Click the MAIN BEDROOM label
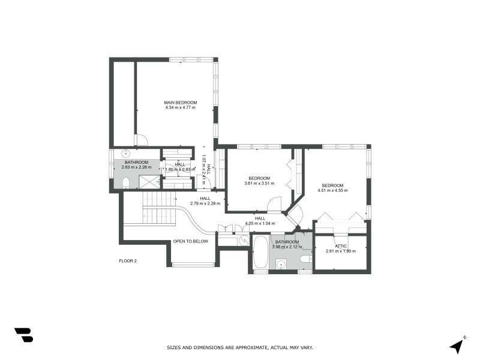(x=181, y=103)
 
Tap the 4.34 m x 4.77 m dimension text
(x=181, y=108)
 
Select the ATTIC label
(x=341, y=246)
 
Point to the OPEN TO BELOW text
(x=190, y=241)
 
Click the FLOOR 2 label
(x=128, y=261)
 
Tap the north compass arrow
(x=457, y=345)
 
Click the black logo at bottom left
(x=23, y=335)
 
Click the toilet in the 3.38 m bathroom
(x=305, y=259)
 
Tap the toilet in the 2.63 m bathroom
(x=126, y=182)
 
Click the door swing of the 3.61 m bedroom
(x=274, y=204)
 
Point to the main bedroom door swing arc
(x=142, y=140)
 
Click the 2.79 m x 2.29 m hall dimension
(x=205, y=203)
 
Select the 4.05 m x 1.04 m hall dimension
(x=260, y=223)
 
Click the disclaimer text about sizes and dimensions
(x=239, y=347)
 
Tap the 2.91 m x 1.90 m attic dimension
(x=341, y=251)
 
